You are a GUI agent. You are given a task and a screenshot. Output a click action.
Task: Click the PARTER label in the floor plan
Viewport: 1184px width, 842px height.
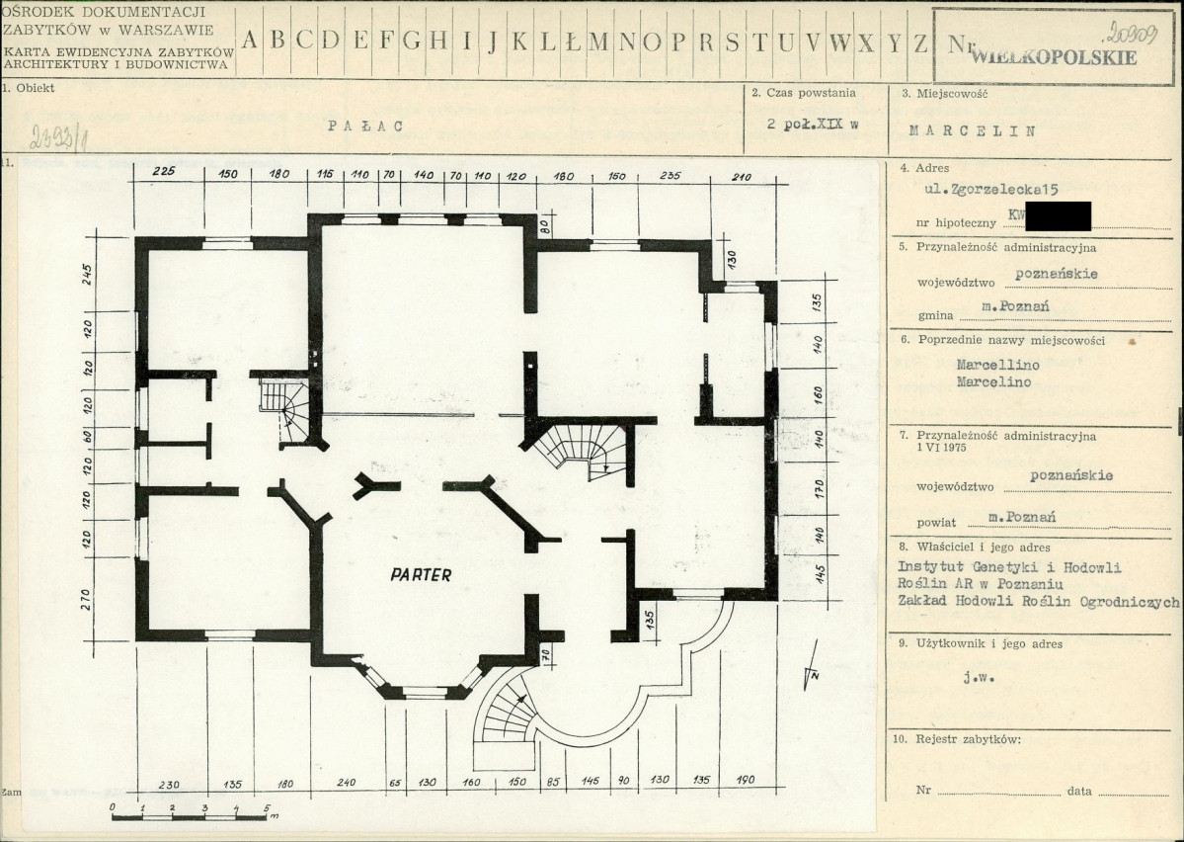pos(421,574)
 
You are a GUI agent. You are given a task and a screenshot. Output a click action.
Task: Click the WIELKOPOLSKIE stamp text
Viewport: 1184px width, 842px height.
pos(1054,56)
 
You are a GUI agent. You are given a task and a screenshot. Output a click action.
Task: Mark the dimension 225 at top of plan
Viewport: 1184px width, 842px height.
pos(164,174)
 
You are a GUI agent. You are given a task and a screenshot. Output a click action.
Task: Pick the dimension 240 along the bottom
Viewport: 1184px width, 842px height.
pos(346,783)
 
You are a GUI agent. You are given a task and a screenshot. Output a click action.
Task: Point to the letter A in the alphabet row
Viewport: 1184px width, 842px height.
pos(250,42)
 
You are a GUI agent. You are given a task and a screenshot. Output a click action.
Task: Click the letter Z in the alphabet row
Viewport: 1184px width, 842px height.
pos(921,42)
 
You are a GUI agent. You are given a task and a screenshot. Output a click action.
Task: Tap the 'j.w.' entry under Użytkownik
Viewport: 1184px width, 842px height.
pos(976,678)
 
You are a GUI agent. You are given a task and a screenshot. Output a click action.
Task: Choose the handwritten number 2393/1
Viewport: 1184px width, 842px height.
pos(49,134)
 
